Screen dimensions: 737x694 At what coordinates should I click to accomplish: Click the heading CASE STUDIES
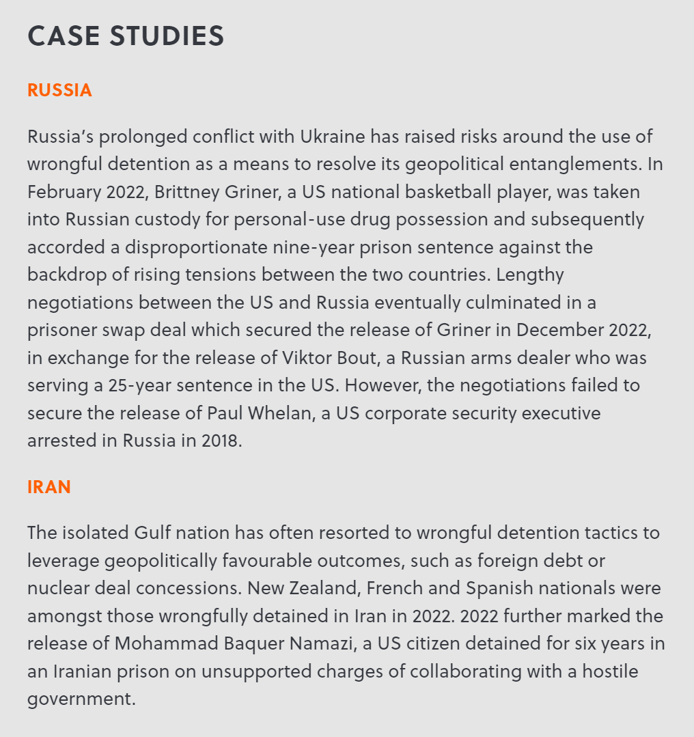pyautogui.click(x=126, y=36)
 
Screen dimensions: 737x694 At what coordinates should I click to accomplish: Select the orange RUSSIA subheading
pyautogui.click(x=59, y=91)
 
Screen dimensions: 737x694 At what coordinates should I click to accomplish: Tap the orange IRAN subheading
pyautogui.click(x=49, y=487)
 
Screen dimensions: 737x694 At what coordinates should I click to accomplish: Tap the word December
pyautogui.click(x=557, y=330)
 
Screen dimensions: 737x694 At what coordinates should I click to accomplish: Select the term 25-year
pyautogui.click(x=140, y=385)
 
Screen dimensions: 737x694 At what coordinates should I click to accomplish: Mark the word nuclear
pyautogui.click(x=61, y=588)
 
